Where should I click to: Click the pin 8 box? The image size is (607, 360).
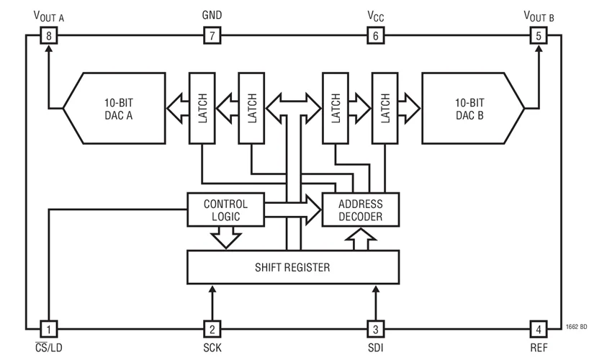coord(48,35)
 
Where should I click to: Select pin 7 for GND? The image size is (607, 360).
coord(212,35)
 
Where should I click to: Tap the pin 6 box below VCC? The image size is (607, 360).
coord(375,35)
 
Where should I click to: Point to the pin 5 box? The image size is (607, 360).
coord(538,35)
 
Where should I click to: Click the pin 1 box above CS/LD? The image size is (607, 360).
coord(48,328)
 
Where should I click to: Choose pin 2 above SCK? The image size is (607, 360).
coord(212,328)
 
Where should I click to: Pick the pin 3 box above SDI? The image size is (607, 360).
coord(375,328)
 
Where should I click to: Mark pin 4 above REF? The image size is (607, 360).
coord(538,328)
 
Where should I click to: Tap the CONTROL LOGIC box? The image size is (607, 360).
coord(225,210)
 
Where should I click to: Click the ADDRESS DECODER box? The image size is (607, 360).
coord(361,210)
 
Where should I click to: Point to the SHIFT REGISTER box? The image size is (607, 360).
coord(292,267)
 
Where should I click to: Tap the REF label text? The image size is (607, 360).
coord(538,348)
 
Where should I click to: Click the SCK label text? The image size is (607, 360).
coord(212,348)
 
